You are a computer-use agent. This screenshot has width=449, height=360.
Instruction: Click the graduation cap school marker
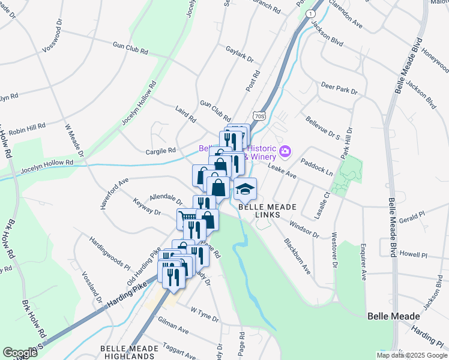(245, 190)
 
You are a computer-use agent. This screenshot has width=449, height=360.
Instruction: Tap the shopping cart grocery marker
(187, 220)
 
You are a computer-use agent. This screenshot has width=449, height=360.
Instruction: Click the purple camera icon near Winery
(286, 150)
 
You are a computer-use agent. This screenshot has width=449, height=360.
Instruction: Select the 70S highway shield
(259, 115)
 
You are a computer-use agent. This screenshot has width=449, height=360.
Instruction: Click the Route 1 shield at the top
(310, 13)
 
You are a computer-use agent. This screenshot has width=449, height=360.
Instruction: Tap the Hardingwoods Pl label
(110, 254)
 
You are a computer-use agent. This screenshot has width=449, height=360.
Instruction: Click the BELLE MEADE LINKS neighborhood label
(268, 211)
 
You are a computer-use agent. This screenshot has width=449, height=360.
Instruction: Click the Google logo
(20, 353)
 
